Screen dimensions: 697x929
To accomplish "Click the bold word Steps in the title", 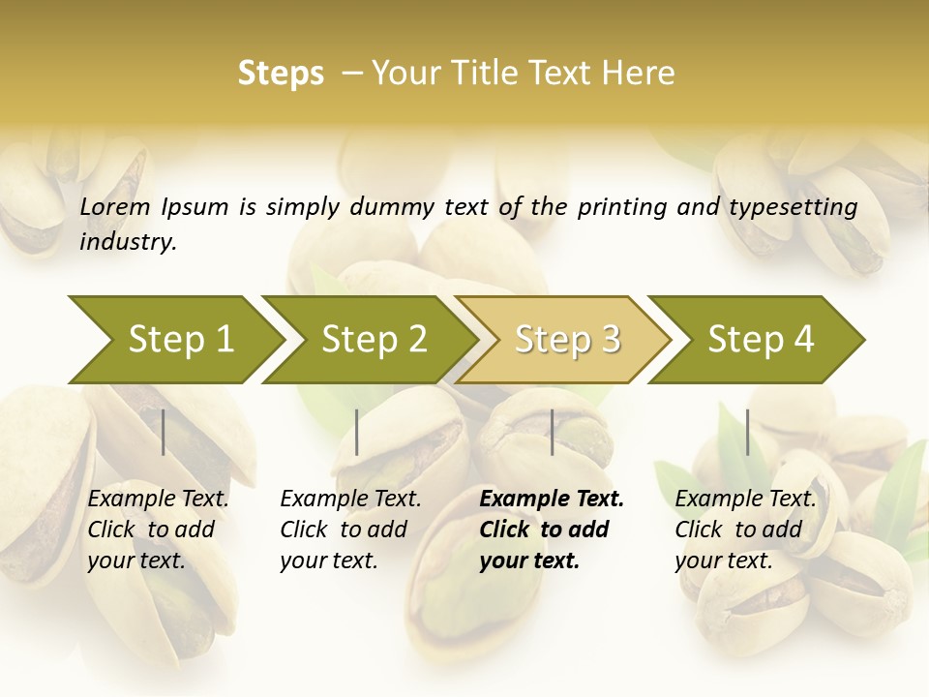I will point(281,74).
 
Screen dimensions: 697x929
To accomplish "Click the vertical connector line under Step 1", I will point(164,432).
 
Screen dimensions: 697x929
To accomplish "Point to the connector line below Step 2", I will point(357,432).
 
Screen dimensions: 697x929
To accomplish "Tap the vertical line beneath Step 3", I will point(552,432).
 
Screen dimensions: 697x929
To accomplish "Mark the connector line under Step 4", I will point(747,432).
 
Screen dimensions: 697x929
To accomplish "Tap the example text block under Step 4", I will point(745,530).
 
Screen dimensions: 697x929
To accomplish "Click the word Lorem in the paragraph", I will point(115,206).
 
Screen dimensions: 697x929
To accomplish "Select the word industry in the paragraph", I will point(128,242).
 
